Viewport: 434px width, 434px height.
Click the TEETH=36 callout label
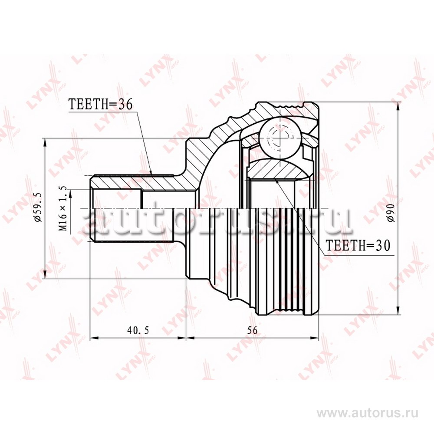(x=100, y=104)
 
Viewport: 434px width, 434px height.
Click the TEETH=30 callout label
(x=358, y=245)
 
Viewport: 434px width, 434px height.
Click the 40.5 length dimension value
(x=138, y=330)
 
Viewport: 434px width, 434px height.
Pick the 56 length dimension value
(x=252, y=330)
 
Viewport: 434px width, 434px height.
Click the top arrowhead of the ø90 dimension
(x=398, y=106)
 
